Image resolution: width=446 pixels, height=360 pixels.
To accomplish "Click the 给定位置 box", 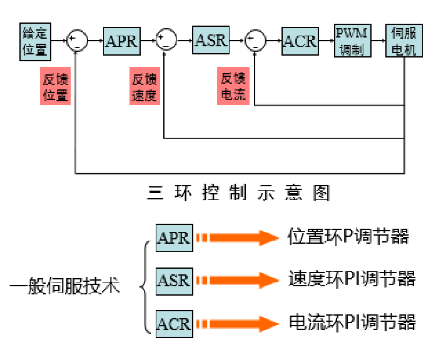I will (34, 41).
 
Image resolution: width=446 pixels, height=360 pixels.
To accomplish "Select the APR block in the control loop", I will (121, 41).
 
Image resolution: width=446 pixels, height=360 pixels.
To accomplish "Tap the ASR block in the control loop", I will (211, 41).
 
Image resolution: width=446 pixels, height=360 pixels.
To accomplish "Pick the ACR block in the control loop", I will (300, 41).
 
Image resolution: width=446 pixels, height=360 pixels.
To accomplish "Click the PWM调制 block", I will (352, 41).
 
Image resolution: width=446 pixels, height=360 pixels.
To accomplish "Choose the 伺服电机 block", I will (403, 41).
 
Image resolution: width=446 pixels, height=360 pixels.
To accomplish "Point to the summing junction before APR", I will (77, 41).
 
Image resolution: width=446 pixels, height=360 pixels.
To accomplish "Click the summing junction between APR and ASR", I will (166, 41).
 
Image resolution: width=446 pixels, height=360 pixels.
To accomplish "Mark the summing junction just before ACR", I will (255, 41).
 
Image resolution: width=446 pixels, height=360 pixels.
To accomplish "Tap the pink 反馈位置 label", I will (56, 87).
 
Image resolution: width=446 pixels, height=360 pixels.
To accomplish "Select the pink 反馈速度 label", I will (144, 87).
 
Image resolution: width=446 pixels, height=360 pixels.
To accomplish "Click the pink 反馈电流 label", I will (233, 87).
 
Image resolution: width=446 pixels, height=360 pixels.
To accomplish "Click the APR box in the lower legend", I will (174, 238).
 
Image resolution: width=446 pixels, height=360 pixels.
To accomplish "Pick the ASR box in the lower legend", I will (174, 279).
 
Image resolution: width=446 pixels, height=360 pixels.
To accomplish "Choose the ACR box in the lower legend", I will (174, 323).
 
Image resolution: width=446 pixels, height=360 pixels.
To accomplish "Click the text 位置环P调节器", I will (348, 237).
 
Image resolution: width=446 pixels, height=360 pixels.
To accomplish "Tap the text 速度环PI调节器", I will (352, 279).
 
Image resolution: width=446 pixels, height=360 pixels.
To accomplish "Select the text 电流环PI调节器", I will (352, 322).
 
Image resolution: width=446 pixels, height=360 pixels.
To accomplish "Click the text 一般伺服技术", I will (65, 287).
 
